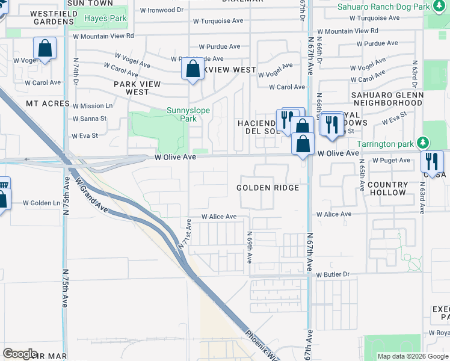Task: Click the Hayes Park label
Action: click(x=105, y=19)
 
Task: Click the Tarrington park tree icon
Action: click(x=424, y=143)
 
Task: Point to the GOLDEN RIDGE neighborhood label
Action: click(x=268, y=188)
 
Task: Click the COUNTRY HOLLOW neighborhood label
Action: click(x=387, y=188)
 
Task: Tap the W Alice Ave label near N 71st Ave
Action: click(x=219, y=217)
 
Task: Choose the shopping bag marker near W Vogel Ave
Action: click(x=45, y=49)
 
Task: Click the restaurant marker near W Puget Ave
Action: click(x=432, y=161)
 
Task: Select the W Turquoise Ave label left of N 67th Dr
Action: click(x=218, y=20)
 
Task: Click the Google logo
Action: click(x=20, y=354)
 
